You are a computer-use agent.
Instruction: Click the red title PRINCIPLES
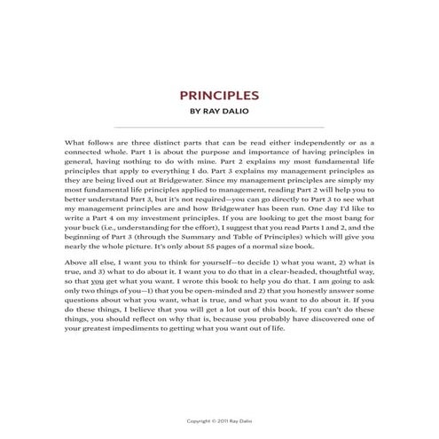point(219,95)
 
